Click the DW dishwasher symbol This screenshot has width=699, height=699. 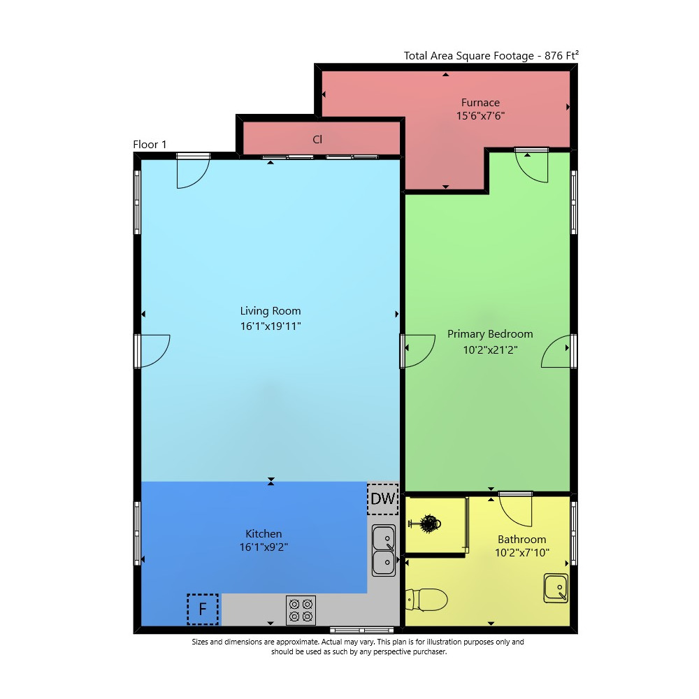pyautogui.click(x=383, y=498)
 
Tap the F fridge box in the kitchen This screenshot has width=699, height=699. pyautogui.click(x=203, y=609)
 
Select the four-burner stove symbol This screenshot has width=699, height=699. pyautogui.click(x=301, y=610)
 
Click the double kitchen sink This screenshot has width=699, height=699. pyautogui.click(x=384, y=550)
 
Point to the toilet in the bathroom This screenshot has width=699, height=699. pyautogui.click(x=426, y=600)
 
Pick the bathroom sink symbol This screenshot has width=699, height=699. pyautogui.click(x=556, y=588)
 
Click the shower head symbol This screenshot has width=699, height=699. pyautogui.click(x=425, y=524)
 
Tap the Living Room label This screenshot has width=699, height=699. pyautogui.click(x=271, y=311)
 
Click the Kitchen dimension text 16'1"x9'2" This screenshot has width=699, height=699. pyautogui.click(x=264, y=547)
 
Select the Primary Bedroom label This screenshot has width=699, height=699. pyautogui.click(x=490, y=334)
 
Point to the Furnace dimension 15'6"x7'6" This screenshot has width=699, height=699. pyautogui.click(x=480, y=116)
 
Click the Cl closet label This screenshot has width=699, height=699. pyautogui.click(x=317, y=140)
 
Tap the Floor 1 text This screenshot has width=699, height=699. pyautogui.click(x=150, y=145)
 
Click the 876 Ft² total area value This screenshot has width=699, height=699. pyautogui.click(x=562, y=55)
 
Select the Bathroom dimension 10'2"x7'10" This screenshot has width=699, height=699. pyautogui.click(x=521, y=553)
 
